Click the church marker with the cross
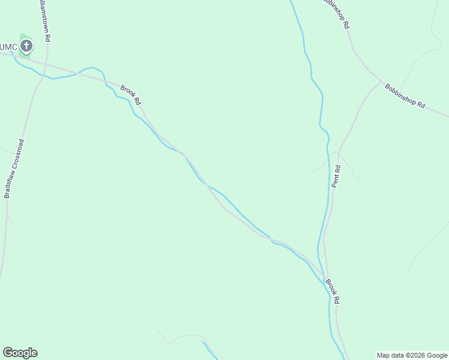26,46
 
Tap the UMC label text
8,46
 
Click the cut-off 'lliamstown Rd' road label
44,20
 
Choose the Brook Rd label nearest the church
130,95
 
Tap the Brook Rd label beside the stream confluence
333,291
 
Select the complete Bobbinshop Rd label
405,95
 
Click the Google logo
20,353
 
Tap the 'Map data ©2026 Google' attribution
412,355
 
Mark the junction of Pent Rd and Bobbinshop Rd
381,82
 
